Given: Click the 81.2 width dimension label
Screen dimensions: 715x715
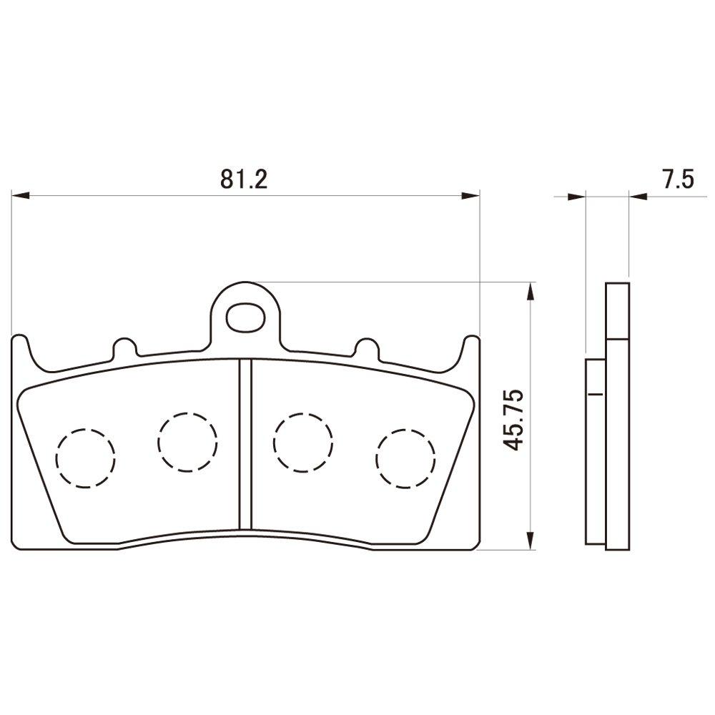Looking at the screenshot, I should pos(243,179).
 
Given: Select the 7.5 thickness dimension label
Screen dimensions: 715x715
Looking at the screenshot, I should pos(677,179).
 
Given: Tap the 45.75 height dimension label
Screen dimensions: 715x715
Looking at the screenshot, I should pos(514,420).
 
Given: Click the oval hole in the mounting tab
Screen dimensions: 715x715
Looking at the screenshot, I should pos(245,315).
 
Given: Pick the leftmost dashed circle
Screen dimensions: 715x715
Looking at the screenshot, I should pos(85,458).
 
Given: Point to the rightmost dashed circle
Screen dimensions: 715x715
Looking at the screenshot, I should pos(405,458).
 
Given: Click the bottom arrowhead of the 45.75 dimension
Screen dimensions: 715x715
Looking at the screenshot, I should pos(529,541).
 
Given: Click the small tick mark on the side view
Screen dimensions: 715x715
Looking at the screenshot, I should pos(595,394).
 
